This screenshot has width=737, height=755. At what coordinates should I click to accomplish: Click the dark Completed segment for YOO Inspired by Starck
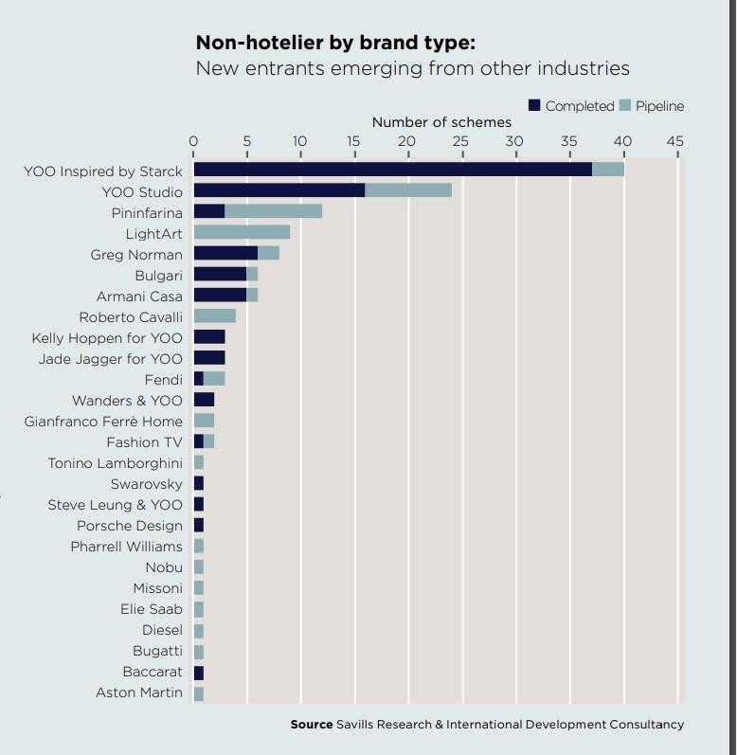(x=392, y=170)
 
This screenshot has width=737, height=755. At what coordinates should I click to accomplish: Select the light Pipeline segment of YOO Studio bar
(x=408, y=190)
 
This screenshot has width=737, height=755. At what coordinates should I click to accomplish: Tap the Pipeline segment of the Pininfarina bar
(x=273, y=211)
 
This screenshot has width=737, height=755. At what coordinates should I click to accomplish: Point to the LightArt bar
(x=242, y=232)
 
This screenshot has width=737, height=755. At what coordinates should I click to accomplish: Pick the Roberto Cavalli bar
(x=214, y=315)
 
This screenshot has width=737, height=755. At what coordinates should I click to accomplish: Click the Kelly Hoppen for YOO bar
(x=209, y=337)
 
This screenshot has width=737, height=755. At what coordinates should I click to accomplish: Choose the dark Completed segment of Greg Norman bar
(x=225, y=253)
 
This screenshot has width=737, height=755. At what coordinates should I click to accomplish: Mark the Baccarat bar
(x=199, y=672)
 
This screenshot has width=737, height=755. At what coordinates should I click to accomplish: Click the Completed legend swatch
(x=534, y=106)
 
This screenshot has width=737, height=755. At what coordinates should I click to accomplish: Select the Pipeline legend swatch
(x=624, y=106)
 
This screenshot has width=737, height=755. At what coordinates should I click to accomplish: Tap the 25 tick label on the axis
(x=461, y=141)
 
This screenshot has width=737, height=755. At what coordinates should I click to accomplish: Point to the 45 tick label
(x=674, y=141)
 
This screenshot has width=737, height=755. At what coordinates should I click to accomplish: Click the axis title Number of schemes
(x=440, y=122)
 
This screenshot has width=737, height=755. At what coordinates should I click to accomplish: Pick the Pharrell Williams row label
(x=126, y=547)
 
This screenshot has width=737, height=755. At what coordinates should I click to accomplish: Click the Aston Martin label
(x=138, y=692)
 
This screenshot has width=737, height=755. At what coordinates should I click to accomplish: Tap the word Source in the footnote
(x=312, y=724)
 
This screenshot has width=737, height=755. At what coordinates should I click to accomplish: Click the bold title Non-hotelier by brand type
(x=335, y=43)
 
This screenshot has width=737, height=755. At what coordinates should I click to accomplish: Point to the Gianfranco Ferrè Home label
(x=103, y=421)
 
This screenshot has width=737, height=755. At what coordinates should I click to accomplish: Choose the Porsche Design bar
(x=199, y=526)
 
